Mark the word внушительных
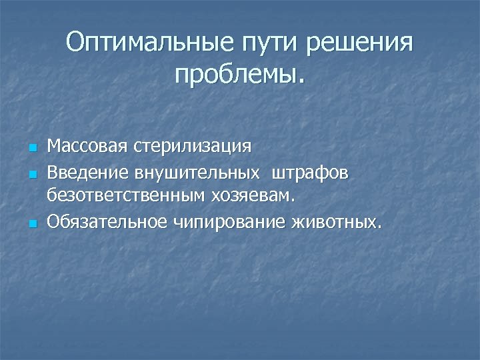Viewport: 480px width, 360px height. [197, 173]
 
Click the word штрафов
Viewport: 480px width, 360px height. [309, 173]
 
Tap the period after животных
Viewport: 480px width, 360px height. [380, 227]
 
